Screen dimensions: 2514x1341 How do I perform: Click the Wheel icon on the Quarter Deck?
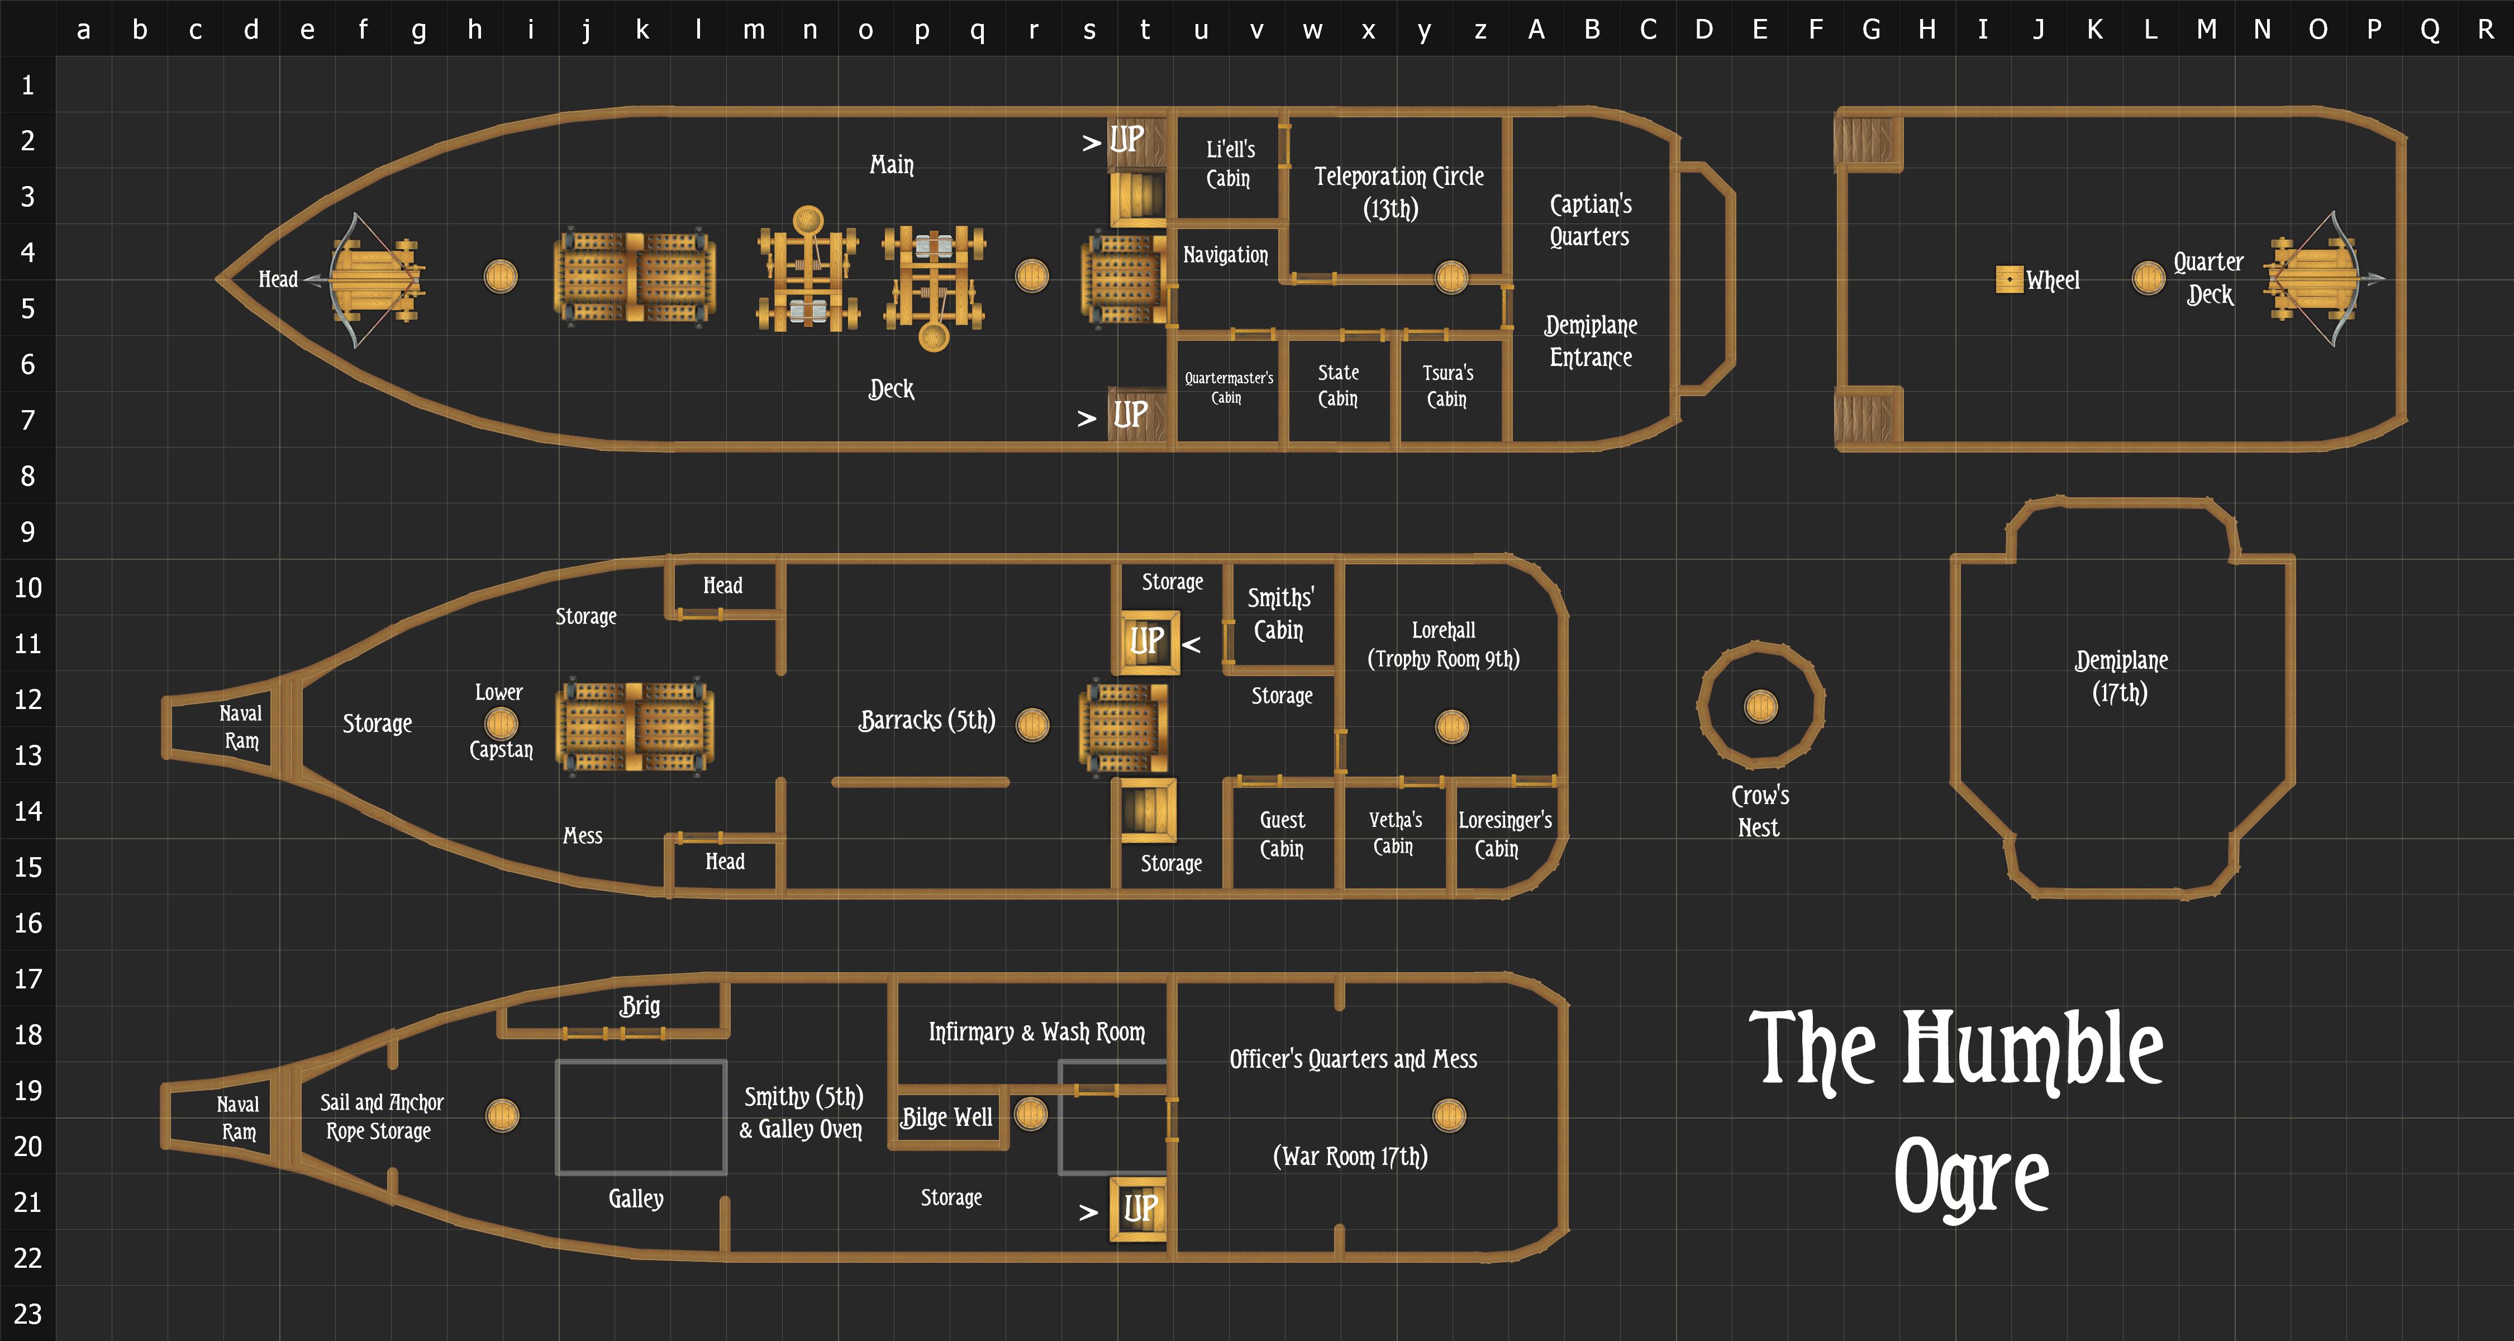tap(2008, 279)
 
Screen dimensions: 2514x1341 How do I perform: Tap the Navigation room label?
tap(1226, 255)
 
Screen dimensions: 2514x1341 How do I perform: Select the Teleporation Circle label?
tap(1398, 192)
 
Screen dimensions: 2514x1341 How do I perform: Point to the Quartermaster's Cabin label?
tap(1229, 387)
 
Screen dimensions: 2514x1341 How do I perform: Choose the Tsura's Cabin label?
tap(1448, 386)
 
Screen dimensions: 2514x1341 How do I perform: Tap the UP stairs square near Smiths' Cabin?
tap(1147, 642)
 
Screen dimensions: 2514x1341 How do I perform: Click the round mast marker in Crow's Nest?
tap(1760, 706)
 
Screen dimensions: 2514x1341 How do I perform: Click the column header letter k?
tap(641, 29)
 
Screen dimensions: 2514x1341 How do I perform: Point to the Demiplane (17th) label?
tap(2121, 676)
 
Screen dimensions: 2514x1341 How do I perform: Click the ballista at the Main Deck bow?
tap(376, 279)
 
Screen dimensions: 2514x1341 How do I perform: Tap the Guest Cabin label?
tap(1282, 834)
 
